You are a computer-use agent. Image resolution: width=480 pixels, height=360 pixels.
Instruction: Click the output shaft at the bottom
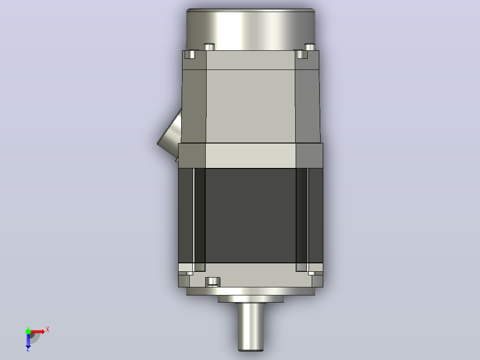251,326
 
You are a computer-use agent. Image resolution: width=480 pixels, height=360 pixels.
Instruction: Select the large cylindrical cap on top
251,29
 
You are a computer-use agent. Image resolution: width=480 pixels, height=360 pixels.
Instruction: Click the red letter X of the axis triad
48,330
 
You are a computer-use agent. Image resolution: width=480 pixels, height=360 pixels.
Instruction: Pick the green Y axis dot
28,331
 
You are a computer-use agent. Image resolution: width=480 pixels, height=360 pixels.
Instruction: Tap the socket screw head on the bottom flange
213,281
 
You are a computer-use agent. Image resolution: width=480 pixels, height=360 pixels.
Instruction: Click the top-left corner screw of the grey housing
190,54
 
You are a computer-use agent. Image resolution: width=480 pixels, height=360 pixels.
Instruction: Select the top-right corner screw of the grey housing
302,54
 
